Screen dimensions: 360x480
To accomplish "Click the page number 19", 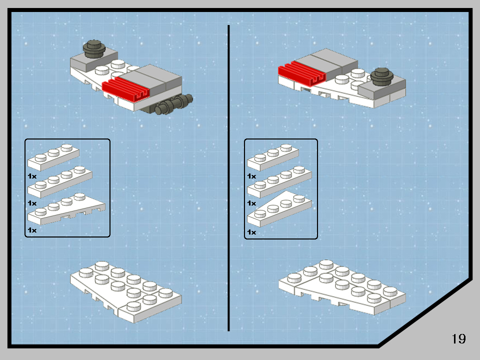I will click(x=458, y=338).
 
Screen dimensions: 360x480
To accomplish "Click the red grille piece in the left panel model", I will click(x=126, y=89).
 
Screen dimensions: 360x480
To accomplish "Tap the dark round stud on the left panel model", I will click(x=94, y=48).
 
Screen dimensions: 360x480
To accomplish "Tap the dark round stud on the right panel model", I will click(x=381, y=75).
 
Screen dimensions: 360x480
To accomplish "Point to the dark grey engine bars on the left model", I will click(x=172, y=105).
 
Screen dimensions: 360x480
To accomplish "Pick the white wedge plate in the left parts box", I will click(x=65, y=210).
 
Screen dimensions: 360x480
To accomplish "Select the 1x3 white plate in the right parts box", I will click(x=272, y=157).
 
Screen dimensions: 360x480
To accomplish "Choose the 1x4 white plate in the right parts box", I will click(x=279, y=183).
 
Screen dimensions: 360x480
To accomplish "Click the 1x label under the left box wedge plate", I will click(x=32, y=230).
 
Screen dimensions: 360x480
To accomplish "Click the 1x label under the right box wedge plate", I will click(x=251, y=232).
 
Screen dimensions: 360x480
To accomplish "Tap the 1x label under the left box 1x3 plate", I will click(x=32, y=176).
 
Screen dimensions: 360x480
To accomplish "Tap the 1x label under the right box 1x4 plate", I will click(x=251, y=203).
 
